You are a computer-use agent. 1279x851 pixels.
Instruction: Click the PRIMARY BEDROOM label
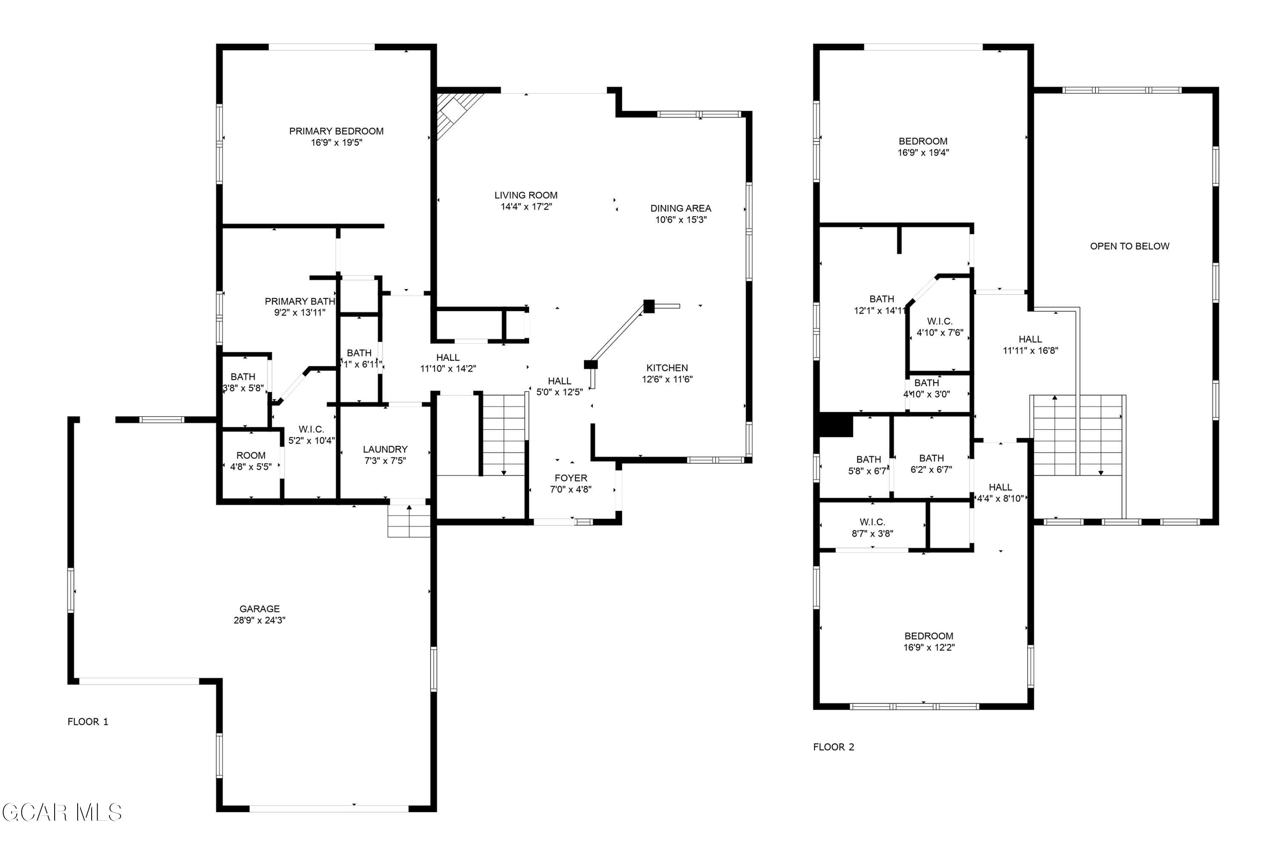pos(336,131)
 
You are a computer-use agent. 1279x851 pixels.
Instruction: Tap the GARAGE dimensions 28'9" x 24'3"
pos(259,620)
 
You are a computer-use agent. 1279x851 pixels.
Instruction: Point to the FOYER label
pos(570,478)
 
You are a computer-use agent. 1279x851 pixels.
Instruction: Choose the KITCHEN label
pos(667,368)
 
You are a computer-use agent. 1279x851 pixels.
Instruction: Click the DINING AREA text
pos(680,208)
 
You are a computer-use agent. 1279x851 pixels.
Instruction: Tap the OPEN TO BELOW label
pos(1129,246)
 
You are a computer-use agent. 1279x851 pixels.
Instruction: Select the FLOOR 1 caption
pos(88,722)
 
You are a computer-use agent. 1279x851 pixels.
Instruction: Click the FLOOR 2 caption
pos(833,747)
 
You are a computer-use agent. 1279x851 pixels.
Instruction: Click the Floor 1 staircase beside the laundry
pos(503,434)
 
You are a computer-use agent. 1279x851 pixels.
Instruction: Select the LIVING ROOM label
pos(525,195)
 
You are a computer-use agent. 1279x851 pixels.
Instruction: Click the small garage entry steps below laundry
pos(408,521)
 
